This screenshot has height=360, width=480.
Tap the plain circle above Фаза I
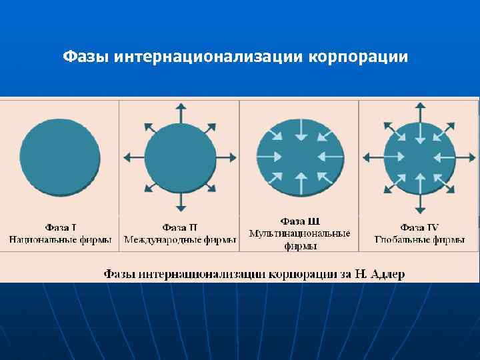[60, 157]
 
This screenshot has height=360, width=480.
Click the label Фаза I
[60, 227]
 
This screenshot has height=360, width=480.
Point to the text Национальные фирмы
[60, 239]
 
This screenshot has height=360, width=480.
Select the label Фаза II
[180, 227]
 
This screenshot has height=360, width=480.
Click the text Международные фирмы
[180, 239]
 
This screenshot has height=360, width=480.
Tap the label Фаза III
[300, 221]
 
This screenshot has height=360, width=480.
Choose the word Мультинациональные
[300, 233]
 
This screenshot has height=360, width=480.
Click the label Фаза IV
[419, 227]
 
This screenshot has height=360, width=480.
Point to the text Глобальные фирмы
[419, 239]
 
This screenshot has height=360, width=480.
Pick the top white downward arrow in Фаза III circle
[301, 131]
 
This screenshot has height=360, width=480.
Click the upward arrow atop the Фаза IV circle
[419, 111]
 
